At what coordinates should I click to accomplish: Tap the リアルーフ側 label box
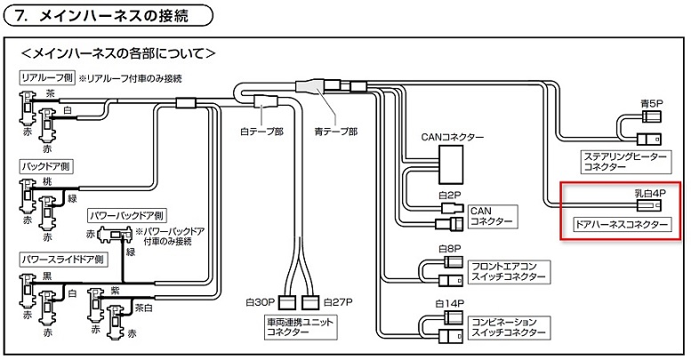pyautogui.click(x=46, y=78)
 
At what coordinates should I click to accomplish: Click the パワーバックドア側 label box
pyautogui.click(x=126, y=216)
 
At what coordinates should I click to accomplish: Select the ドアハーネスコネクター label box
pyautogui.click(x=621, y=225)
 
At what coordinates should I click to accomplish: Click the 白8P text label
pyautogui.click(x=449, y=248)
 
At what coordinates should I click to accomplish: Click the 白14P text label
pyautogui.click(x=451, y=303)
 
